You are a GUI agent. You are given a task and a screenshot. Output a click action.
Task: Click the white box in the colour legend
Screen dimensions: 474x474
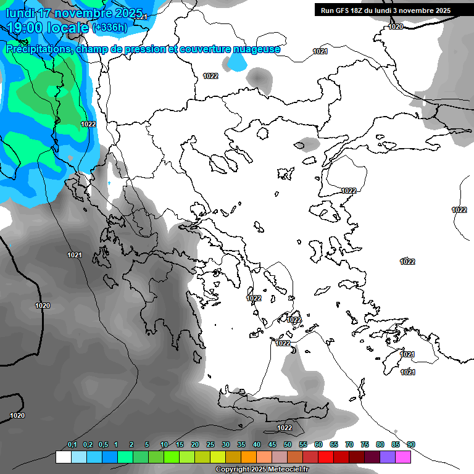click(64, 457)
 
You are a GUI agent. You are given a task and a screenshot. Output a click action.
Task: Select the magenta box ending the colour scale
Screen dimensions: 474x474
click(403, 457)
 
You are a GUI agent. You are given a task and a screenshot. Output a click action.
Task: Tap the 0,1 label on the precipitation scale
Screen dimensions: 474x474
click(72, 445)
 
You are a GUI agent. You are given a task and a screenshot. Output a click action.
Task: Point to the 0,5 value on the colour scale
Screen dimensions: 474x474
click(102, 445)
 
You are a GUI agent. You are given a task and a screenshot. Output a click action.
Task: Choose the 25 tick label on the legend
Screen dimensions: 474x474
click(210, 445)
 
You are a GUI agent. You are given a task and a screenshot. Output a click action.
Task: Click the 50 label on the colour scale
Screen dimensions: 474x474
click(288, 445)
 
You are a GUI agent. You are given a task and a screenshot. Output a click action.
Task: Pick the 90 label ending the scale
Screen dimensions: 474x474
click(411, 445)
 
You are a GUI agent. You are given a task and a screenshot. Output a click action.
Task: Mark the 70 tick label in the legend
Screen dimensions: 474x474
click(349, 445)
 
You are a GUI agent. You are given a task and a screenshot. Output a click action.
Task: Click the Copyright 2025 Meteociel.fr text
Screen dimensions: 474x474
click(262, 469)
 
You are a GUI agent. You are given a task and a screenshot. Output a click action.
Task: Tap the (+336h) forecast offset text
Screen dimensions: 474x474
click(110, 28)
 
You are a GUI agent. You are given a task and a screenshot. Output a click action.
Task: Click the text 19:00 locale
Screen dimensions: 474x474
click(48, 28)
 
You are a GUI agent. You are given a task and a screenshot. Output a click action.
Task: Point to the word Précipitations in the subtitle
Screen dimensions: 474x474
click(38, 49)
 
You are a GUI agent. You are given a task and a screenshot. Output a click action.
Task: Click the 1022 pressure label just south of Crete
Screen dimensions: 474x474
click(285, 428)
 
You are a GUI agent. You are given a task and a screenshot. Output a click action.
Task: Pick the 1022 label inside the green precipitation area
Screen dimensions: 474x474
click(88, 124)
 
